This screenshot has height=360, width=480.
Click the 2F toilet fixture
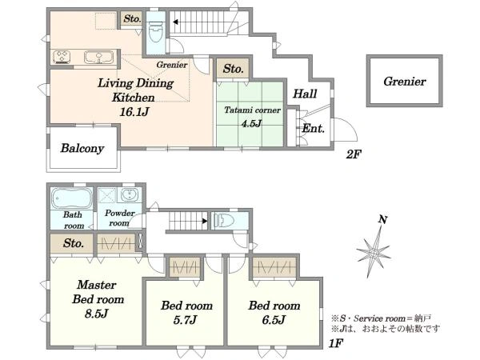[155, 32]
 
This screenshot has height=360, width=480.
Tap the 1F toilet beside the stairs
[224, 221]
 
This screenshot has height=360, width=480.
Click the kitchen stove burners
[62, 57]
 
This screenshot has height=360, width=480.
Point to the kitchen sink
[98, 57]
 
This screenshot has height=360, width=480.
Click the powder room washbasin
[130, 194]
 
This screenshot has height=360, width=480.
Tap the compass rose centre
[374, 254]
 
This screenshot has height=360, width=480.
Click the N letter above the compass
[382, 219]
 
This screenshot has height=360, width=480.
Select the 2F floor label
[354, 154]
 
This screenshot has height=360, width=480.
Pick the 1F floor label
[335, 343]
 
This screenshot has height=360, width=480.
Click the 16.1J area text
[134, 112]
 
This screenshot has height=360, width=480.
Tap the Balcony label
[82, 148]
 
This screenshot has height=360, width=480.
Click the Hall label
[305, 94]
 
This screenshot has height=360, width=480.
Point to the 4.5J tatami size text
[251, 123]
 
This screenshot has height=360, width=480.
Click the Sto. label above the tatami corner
[234, 69]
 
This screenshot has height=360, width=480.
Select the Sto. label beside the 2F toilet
[132, 19]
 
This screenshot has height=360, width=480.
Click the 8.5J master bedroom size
[97, 314]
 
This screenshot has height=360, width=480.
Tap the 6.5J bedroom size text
[274, 319]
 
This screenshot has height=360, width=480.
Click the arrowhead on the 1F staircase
[205, 221]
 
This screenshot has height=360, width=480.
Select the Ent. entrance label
[313, 128]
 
